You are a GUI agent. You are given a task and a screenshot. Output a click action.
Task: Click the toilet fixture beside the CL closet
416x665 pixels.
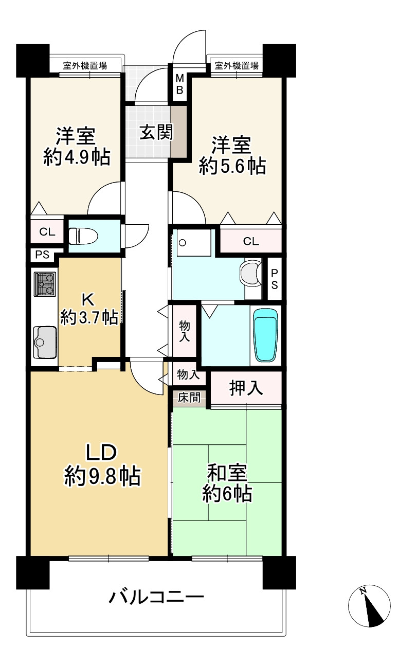tap(83, 236)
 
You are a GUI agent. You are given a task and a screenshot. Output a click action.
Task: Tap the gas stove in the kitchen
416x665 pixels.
tap(45, 284)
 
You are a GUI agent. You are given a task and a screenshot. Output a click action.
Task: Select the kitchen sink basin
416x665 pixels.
tap(45, 342)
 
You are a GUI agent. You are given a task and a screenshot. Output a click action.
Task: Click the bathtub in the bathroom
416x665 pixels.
tap(265, 335)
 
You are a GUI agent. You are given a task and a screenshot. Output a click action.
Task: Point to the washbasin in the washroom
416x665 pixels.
tap(251, 274)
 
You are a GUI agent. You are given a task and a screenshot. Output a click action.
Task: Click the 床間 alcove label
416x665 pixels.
tap(189, 398)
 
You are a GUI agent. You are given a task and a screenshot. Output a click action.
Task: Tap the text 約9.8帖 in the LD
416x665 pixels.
tap(102, 476)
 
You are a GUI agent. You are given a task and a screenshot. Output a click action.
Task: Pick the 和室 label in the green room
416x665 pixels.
tap(227, 473)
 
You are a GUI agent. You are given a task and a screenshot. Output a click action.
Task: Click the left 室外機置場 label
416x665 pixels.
tap(85, 66)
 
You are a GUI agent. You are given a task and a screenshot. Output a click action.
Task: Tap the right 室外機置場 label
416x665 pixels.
tap(237, 65)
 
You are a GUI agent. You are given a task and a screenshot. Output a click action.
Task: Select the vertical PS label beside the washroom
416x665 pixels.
tap(275, 279)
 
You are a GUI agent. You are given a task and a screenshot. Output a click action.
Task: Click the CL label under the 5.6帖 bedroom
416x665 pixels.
tap(251, 241)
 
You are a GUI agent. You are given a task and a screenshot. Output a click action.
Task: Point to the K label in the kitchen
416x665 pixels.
tap(88, 299)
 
